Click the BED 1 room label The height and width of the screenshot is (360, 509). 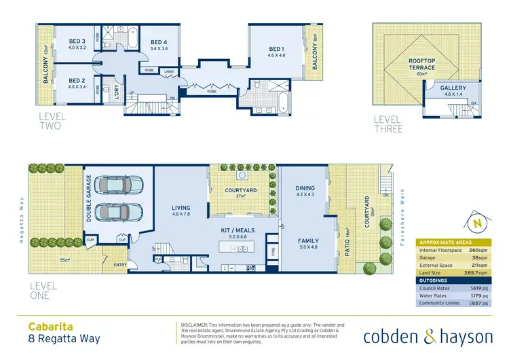(276, 49)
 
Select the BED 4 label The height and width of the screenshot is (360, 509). (158, 41)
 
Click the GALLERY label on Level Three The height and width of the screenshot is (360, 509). (452, 88)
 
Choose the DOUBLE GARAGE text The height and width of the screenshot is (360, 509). (88, 198)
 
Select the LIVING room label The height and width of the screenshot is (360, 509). (181, 209)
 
